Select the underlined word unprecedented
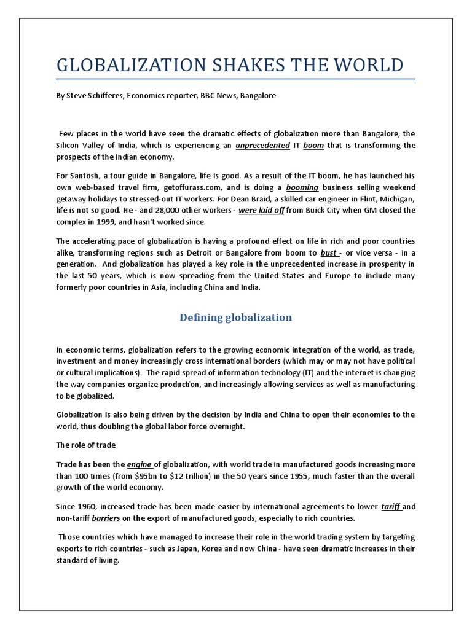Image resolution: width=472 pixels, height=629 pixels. click(x=262, y=146)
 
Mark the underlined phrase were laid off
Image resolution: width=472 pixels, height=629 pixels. click(x=265, y=210)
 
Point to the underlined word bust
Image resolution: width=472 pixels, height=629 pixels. click(x=329, y=252)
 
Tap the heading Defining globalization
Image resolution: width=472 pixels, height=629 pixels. click(x=235, y=318)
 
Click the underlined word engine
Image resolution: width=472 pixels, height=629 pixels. click(x=140, y=464)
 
